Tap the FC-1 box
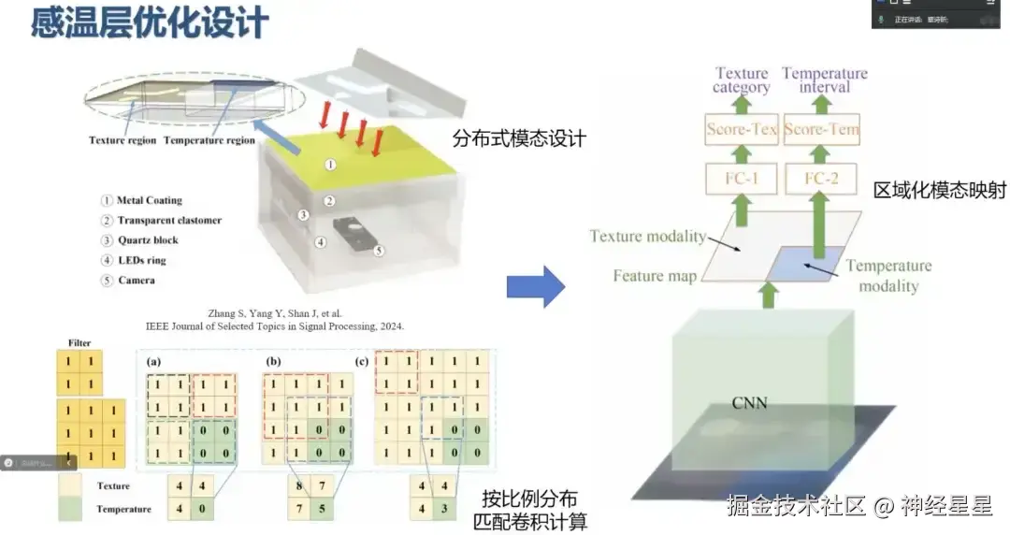coord(742,177)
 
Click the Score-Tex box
coord(742,129)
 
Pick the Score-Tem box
coord(821,129)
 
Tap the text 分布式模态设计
coord(519,139)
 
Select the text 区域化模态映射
coord(940,190)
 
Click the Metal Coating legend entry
coord(149,200)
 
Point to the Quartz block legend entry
coord(147,240)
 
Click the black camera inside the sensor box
coord(353,233)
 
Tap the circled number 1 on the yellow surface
coord(329,165)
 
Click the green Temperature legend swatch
coord(70,510)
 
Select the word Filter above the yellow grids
coord(79,343)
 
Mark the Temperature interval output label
coord(825,80)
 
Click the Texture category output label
coord(742,80)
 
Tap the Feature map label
coord(655,276)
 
